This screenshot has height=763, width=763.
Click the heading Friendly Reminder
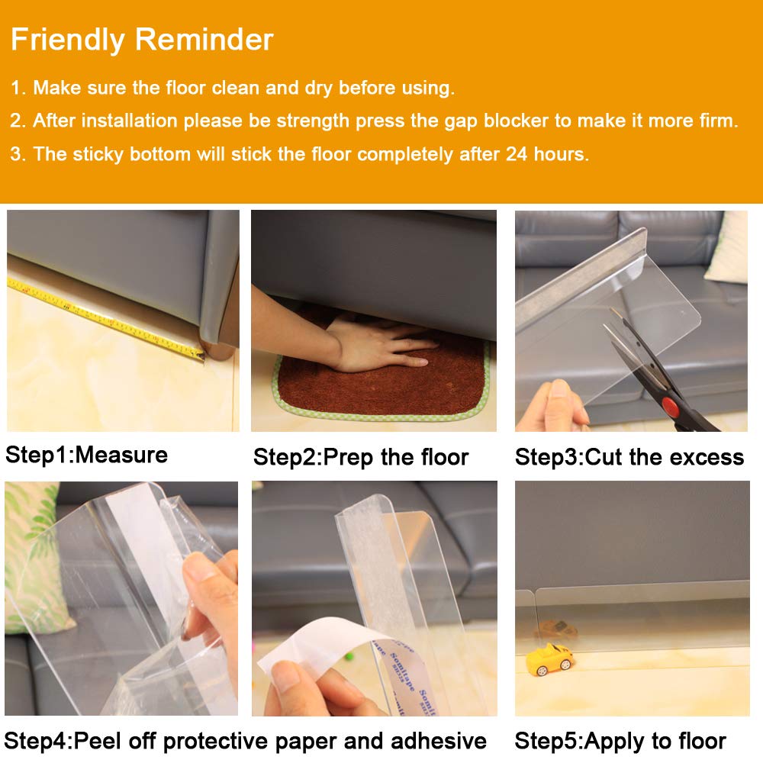click(142, 40)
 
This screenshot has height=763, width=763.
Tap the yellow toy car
click(550, 659)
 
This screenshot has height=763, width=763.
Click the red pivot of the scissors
click(670, 404)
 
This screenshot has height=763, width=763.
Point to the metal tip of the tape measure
click(201, 356)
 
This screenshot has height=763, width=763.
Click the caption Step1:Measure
click(87, 455)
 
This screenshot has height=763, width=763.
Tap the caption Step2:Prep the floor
click(361, 457)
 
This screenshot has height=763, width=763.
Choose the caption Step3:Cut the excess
click(629, 457)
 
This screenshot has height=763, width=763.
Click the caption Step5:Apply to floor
click(620, 741)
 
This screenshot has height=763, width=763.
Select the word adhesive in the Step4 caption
click(439, 741)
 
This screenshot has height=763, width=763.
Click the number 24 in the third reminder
click(517, 154)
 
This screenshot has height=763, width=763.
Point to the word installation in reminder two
click(129, 121)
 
